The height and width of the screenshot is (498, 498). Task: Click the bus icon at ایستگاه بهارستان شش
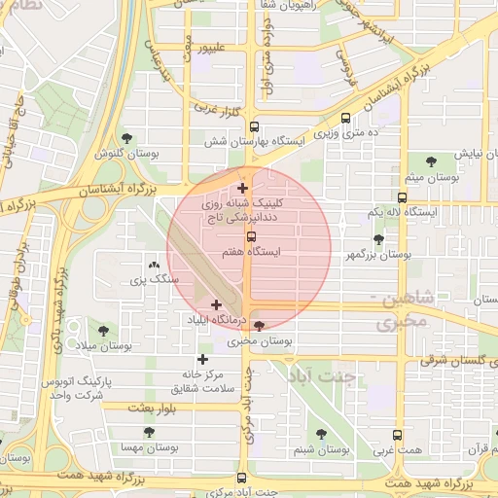point(255,126)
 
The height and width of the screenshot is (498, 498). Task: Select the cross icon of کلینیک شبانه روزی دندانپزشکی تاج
point(242,188)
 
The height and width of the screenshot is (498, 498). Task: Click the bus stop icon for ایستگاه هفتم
point(251,236)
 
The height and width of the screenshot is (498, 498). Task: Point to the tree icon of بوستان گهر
point(378,239)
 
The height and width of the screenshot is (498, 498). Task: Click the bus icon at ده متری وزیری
point(345,117)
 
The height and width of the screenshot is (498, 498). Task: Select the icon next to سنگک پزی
point(153,265)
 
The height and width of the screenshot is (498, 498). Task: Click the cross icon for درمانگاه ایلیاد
point(216,305)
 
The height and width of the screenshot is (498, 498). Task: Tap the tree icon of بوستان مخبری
point(259,327)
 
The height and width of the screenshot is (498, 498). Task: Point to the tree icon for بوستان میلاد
point(104,331)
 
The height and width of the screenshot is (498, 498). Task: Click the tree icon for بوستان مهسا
point(149,432)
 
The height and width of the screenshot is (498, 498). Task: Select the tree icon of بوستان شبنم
point(321,434)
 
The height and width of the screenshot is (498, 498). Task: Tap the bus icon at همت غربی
point(397,436)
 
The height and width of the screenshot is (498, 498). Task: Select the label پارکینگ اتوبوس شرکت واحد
point(84,386)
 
